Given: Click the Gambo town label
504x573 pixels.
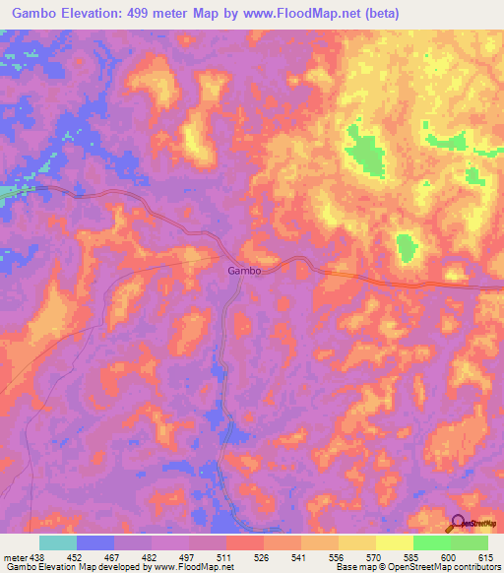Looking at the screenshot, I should pos(244,271).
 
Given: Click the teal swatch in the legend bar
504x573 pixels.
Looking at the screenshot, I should pos(58,542).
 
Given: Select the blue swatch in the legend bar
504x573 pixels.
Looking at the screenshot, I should pos(95,542).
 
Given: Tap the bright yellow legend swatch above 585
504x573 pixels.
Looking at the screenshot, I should pos(394,542).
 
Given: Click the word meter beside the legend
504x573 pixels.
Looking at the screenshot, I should pos(14,556).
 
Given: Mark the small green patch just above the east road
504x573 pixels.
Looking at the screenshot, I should pos(405,248).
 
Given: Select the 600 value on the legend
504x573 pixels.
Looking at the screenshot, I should pos(449,556).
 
